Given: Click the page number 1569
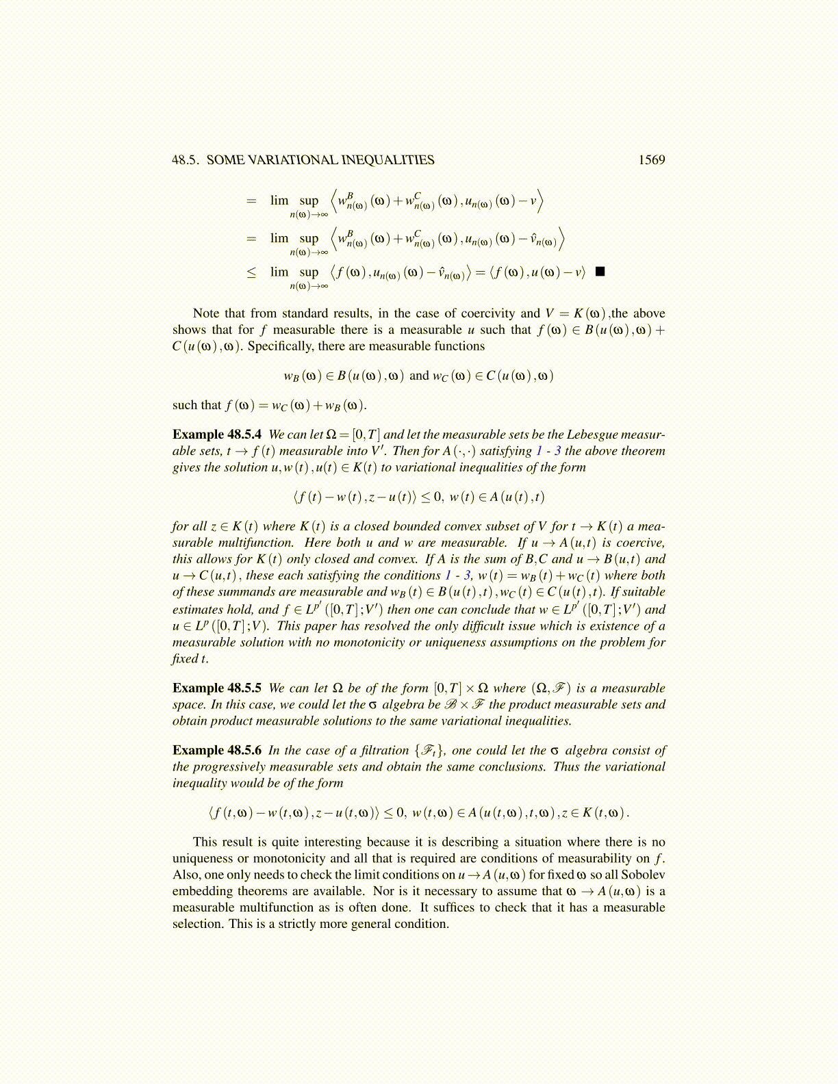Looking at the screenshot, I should pos(651,160).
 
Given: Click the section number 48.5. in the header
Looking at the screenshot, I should pos(186,160).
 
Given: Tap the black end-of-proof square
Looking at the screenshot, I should pos(600,272).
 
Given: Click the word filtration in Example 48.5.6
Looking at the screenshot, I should pos(377,751).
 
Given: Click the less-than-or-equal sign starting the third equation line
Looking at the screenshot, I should pos(251,272).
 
